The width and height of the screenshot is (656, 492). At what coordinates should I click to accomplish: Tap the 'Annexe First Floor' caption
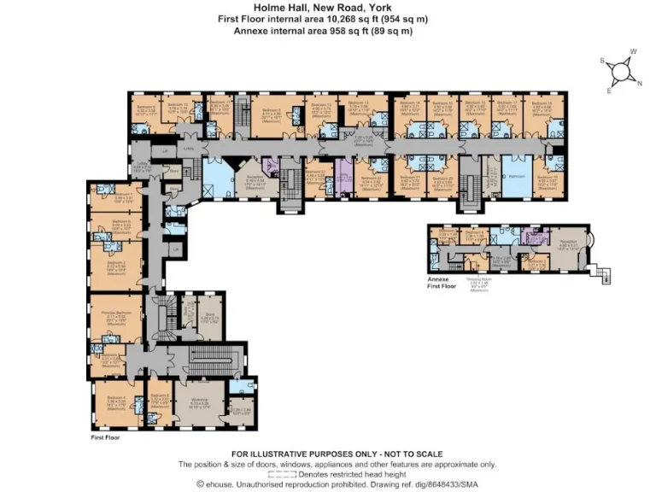[442, 283]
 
